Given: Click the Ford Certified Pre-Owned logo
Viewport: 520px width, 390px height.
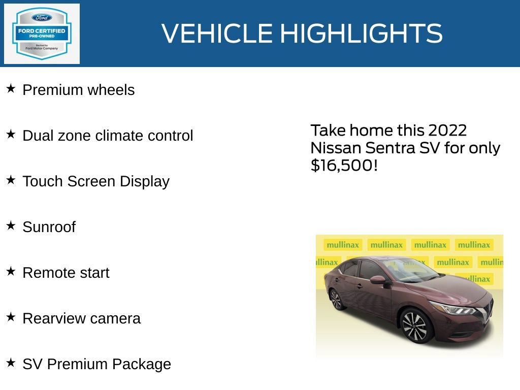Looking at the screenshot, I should [x=42, y=34].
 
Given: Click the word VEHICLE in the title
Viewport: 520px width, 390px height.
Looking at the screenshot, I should [x=217, y=34].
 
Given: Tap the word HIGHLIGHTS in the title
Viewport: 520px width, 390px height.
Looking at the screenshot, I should [x=361, y=34].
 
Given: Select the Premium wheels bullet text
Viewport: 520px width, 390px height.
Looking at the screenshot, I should [x=79, y=90].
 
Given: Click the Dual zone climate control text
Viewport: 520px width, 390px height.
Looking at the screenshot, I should [x=108, y=136].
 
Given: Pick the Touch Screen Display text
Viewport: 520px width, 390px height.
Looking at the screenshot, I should [x=96, y=181].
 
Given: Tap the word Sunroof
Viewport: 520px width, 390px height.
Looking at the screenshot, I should [x=49, y=227].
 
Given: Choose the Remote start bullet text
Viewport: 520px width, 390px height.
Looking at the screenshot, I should [x=66, y=273].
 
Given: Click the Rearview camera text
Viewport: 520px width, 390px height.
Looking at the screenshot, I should [x=81, y=318].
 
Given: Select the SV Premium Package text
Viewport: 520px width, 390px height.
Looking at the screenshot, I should [x=96, y=364].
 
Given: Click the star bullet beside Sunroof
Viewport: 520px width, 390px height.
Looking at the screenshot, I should [x=11, y=225].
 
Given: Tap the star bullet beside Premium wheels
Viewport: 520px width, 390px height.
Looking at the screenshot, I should [x=11, y=88].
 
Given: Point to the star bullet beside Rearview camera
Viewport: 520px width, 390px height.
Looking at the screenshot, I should [x=11, y=317].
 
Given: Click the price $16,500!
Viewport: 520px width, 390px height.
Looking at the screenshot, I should [x=344, y=166].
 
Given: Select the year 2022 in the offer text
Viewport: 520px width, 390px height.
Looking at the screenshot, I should [x=447, y=131].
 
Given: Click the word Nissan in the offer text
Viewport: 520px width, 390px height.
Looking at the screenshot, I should [x=336, y=148].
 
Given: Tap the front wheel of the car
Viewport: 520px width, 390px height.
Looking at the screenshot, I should [x=416, y=326].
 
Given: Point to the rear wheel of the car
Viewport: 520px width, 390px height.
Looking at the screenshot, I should [x=336, y=299].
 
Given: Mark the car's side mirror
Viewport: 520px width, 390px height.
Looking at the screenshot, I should [x=378, y=280].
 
